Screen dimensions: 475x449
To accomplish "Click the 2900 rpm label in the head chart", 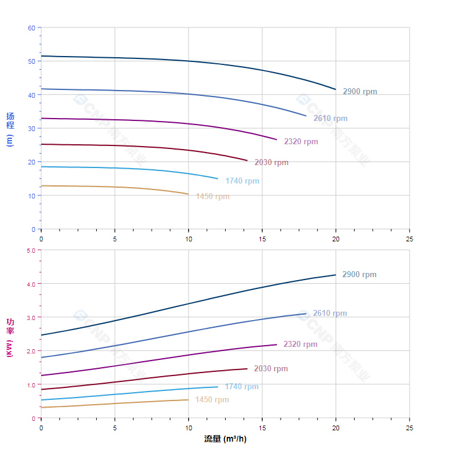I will (x=359, y=92).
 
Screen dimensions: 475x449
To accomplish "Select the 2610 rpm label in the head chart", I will (x=330, y=119).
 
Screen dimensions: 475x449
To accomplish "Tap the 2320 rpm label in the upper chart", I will (x=301, y=142).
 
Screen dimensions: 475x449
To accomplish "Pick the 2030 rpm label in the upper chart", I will (x=271, y=163).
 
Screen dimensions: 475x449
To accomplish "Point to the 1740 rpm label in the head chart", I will (x=242, y=181).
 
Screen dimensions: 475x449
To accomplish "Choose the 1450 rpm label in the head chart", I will (x=213, y=197).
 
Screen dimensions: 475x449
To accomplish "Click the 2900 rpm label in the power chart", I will (x=359, y=275).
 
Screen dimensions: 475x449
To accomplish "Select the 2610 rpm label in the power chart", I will (x=330, y=313).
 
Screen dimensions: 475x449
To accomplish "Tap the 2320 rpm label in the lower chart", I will (x=300, y=344).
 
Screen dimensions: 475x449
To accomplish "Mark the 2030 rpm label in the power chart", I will (x=270, y=369).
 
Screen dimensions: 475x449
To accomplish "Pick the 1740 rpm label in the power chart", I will (x=242, y=387).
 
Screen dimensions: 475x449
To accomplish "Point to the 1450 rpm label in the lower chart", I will (x=212, y=400).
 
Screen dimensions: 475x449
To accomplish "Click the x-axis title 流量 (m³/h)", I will (x=225, y=439).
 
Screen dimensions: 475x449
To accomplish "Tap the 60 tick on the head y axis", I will (x=32, y=28).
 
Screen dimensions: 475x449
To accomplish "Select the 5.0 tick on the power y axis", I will (x=31, y=250).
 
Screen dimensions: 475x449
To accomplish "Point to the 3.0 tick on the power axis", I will (x=31, y=318).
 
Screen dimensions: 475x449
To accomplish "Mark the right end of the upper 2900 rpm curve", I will (x=336, y=89).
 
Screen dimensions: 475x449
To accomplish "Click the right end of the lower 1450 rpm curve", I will (x=188, y=400).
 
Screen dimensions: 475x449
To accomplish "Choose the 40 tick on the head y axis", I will (x=32, y=95).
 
